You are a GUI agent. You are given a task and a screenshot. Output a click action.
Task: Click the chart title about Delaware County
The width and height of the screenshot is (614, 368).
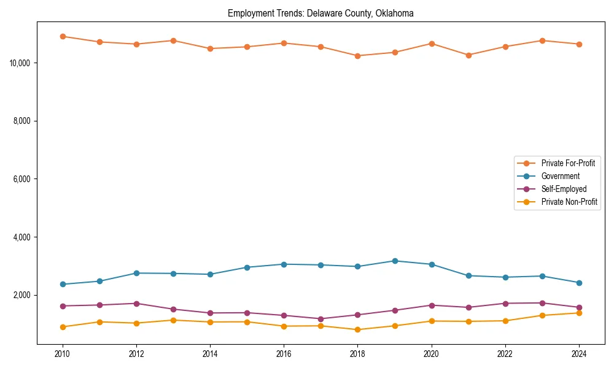click(321, 13)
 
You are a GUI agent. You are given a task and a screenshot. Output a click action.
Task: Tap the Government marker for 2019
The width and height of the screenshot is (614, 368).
click(395, 261)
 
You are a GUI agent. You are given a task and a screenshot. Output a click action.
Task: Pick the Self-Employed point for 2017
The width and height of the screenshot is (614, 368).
click(321, 319)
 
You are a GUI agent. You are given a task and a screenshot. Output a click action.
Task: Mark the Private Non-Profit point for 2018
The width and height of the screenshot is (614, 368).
click(358, 329)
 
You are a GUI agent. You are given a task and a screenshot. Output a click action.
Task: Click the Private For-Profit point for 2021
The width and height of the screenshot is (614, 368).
click(468, 55)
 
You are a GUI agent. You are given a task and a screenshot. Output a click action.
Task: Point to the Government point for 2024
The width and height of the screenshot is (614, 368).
click(579, 283)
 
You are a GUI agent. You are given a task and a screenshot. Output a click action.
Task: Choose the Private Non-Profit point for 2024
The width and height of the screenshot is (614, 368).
click(579, 313)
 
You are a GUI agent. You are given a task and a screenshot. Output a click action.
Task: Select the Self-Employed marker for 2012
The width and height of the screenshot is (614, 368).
click(136, 304)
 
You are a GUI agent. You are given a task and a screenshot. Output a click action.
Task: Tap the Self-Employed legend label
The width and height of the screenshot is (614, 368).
click(564, 189)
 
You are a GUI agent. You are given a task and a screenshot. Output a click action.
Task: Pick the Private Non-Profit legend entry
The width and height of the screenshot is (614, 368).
click(569, 202)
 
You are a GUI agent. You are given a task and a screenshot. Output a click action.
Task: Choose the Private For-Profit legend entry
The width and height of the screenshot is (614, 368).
click(568, 163)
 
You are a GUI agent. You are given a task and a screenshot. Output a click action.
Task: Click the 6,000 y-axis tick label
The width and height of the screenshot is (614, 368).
click(23, 179)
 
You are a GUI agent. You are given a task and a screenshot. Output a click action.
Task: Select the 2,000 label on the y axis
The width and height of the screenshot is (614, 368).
click(23, 295)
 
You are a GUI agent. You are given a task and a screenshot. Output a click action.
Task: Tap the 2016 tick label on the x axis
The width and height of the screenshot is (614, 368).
click(284, 354)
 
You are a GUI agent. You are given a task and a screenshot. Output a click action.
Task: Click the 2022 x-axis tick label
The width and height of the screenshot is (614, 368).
click(505, 354)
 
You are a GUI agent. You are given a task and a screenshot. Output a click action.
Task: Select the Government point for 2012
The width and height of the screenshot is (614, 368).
click(136, 273)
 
